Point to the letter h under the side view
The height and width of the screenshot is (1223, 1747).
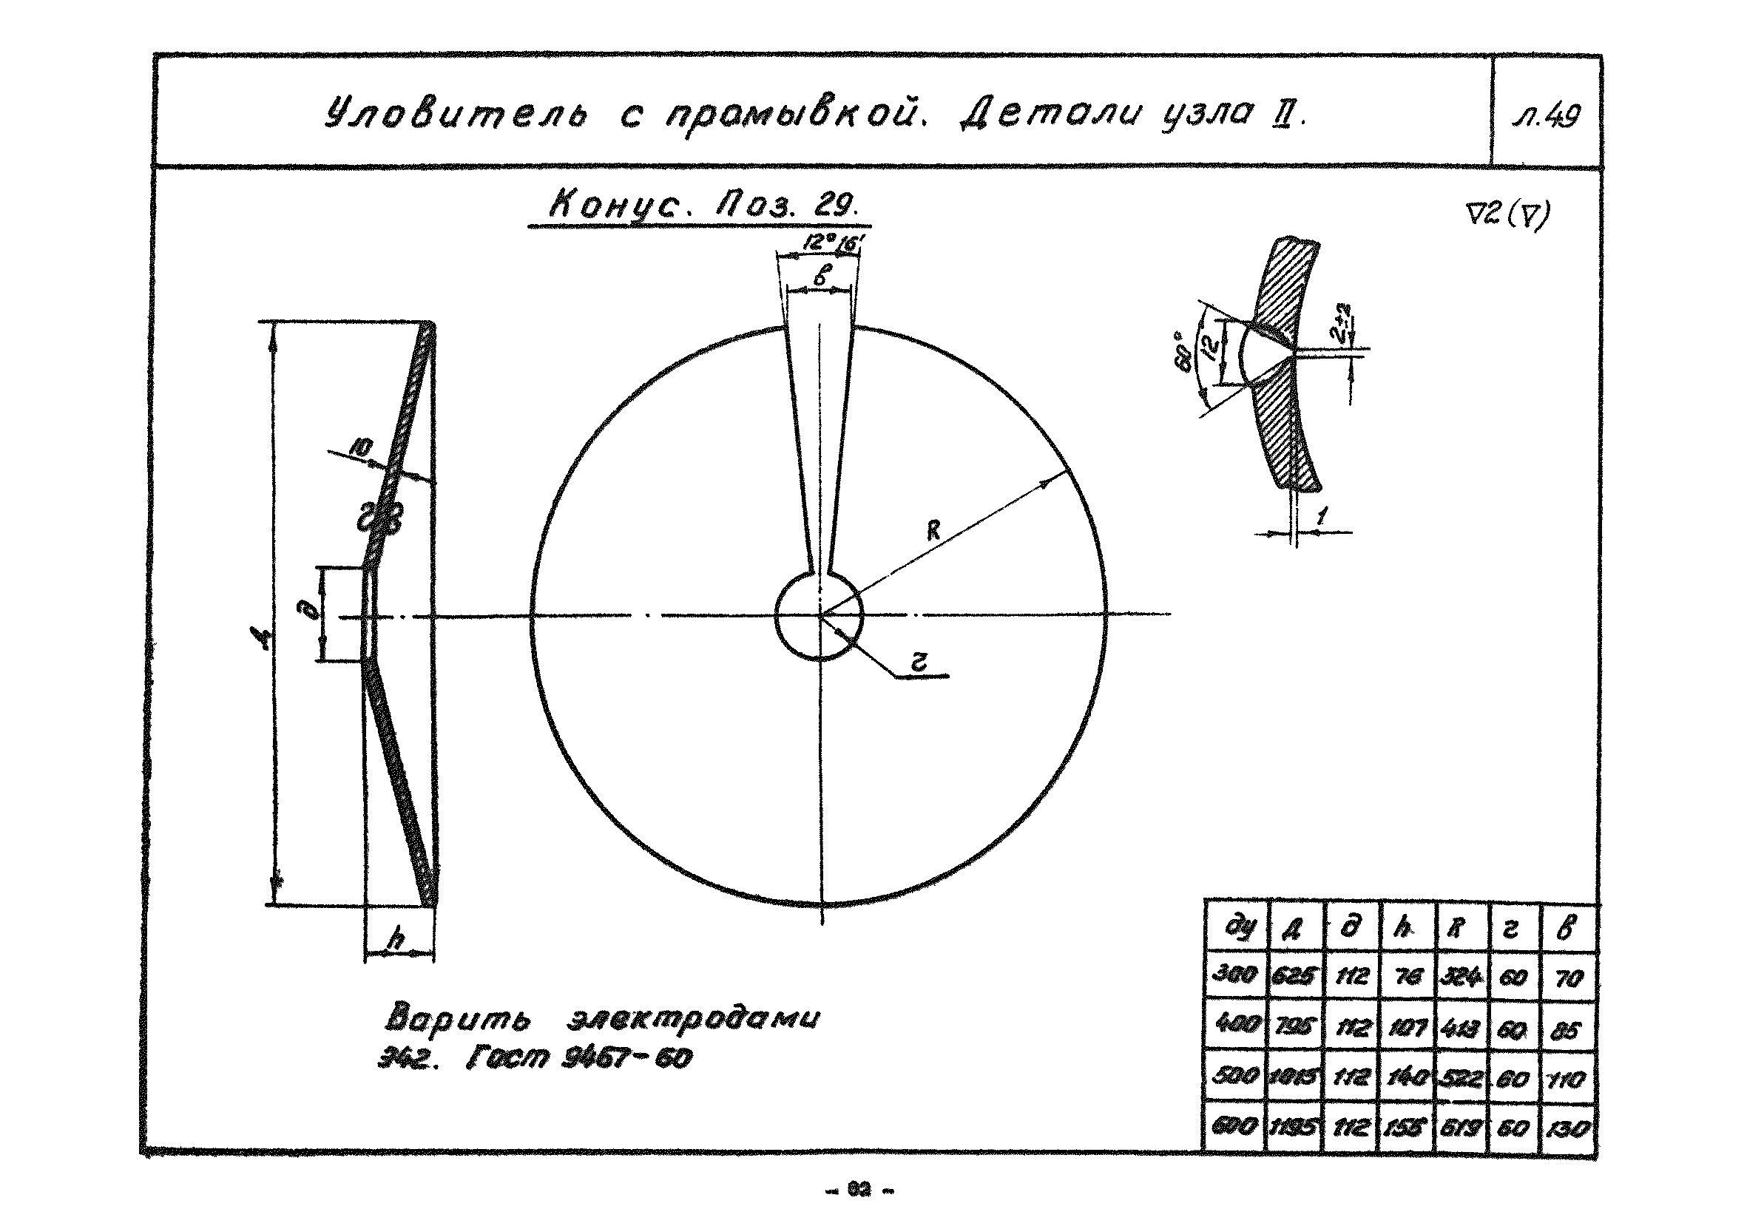(396, 940)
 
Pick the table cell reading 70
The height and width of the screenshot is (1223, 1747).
(1569, 978)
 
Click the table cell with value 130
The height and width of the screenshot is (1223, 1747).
(1569, 1127)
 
